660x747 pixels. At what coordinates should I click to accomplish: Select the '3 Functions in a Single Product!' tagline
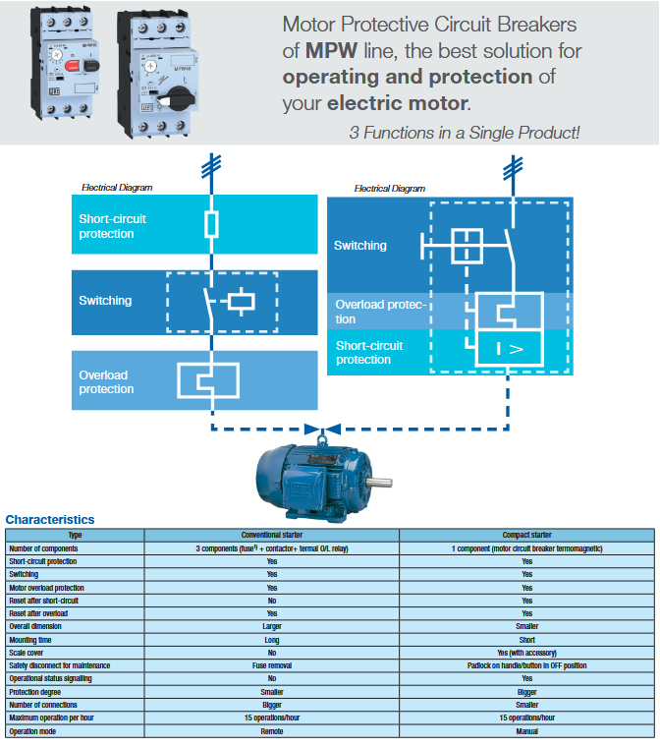465,132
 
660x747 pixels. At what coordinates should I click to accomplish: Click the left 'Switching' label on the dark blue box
105,301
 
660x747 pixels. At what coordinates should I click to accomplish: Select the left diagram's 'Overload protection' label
106,382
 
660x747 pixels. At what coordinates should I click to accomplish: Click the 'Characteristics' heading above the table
50,519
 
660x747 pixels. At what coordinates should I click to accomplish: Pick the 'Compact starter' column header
526,535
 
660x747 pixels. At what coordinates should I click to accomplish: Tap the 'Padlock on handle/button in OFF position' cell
526,665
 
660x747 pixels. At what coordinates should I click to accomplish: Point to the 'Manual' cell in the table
526,731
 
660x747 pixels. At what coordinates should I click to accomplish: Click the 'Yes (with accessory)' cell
526,653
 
